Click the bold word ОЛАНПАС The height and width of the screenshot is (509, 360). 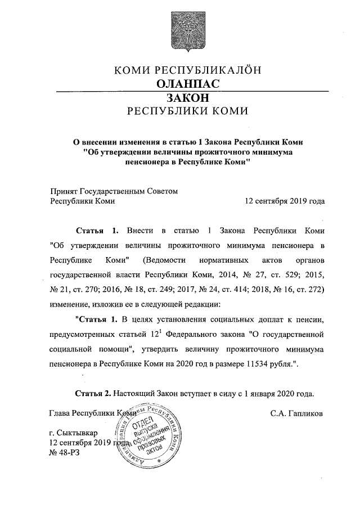pyautogui.click(x=180, y=84)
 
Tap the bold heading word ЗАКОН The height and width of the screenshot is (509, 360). pyautogui.click(x=180, y=97)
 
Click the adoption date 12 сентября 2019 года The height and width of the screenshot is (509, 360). pyautogui.click(x=285, y=201)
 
